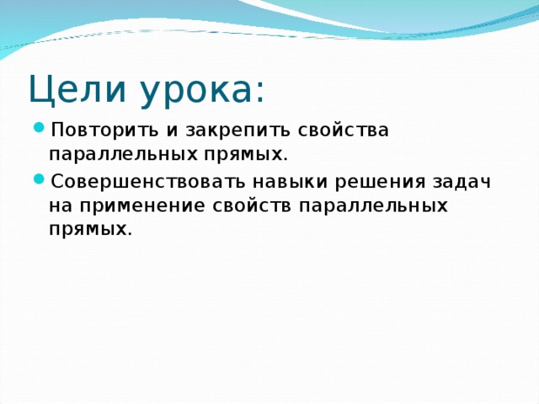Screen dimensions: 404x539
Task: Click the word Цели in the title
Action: coord(64,88)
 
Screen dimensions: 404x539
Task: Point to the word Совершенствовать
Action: coord(141,182)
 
